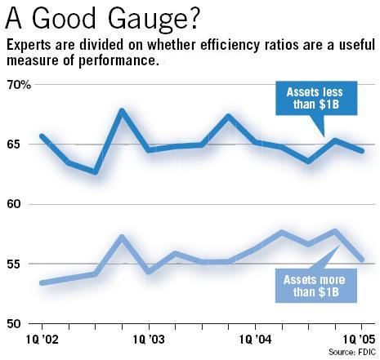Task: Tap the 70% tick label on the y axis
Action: click(x=17, y=85)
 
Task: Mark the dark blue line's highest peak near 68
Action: click(x=121, y=111)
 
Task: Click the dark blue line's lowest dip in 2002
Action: click(x=95, y=172)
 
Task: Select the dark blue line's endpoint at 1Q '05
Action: click(x=362, y=150)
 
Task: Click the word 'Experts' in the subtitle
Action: click(x=30, y=45)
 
